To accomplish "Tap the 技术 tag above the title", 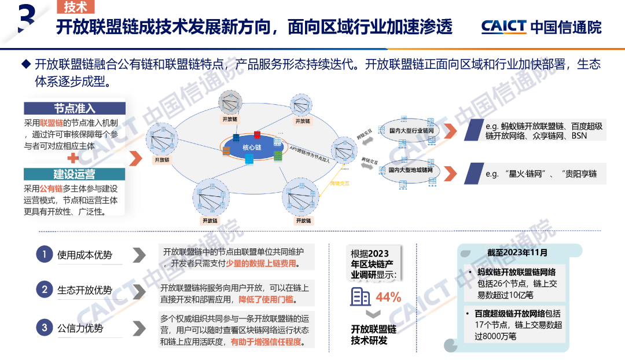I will pyautogui.click(x=76, y=7).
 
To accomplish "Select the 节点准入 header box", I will pyautogui.click(x=75, y=108).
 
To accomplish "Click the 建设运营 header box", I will pyautogui.click(x=75, y=174).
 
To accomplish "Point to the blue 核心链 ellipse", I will pyautogui.click(x=252, y=148).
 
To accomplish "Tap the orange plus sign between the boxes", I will pyautogui.click(x=73, y=157).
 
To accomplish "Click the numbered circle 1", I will pyautogui.click(x=44, y=255).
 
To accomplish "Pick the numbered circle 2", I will pyautogui.click(x=44, y=290).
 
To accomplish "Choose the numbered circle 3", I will pyautogui.click(x=44, y=328).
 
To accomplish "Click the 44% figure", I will pyautogui.click(x=388, y=297).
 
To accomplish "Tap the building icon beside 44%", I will pyautogui.click(x=361, y=297).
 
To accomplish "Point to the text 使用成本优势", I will pyautogui.click(x=84, y=255).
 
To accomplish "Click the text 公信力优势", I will pyautogui.click(x=80, y=328).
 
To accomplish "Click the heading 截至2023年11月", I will pyautogui.click(x=517, y=252).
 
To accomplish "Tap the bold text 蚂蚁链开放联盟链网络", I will pyautogui.click(x=517, y=272).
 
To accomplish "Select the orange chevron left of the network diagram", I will pyautogui.click(x=134, y=158).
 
